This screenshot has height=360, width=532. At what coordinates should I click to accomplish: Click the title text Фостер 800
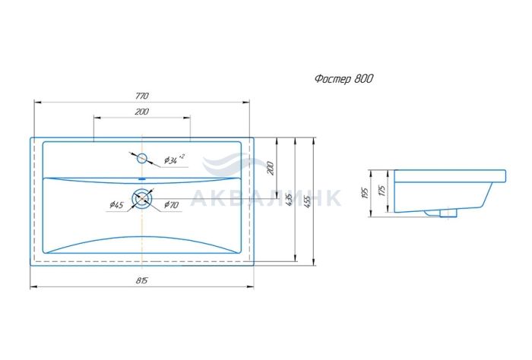point(344,79)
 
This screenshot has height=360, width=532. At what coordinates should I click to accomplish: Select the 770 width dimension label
point(142,96)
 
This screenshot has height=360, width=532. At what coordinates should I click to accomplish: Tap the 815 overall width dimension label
point(142,281)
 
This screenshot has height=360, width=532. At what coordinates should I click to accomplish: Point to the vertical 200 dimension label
point(271,168)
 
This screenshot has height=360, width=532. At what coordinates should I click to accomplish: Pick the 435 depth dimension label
point(289,201)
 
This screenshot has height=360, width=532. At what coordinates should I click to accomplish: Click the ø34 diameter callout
point(174,159)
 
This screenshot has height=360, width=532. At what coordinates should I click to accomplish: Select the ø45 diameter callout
point(116,205)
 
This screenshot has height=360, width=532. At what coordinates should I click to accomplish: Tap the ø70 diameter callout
point(171,205)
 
